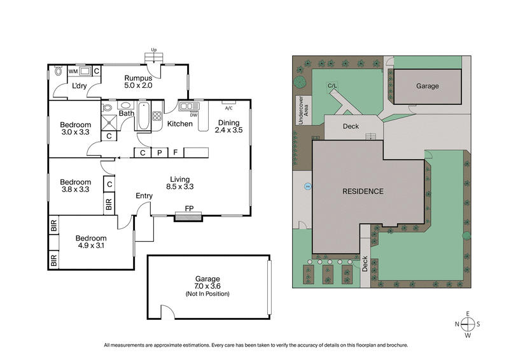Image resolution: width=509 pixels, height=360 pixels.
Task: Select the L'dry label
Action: pyautogui.click(x=79, y=86)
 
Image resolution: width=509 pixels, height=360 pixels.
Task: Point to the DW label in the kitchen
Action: pyautogui.click(x=193, y=115)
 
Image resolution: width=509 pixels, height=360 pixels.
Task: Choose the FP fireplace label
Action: pyautogui.click(x=189, y=208)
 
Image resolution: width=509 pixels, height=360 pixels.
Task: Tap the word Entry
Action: pyautogui.click(x=144, y=196)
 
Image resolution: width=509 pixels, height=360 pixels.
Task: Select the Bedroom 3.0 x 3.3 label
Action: pyautogui.click(x=76, y=129)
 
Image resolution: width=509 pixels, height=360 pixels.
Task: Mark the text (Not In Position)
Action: pyautogui.click(x=207, y=294)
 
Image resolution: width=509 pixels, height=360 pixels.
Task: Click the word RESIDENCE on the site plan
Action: pyautogui.click(x=363, y=191)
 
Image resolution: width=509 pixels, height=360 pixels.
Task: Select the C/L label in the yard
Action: pyautogui.click(x=331, y=85)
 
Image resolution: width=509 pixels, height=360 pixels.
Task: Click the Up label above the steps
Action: pyautogui.click(x=153, y=50)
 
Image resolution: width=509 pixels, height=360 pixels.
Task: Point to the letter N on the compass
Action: pyautogui.click(x=457, y=324)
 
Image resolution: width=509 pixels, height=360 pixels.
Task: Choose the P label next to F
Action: pyautogui.click(x=160, y=153)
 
